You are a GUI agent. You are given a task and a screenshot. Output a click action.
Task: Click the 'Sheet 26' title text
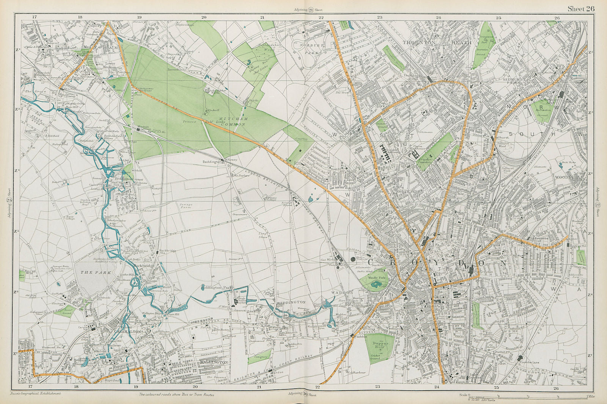pos(581,9)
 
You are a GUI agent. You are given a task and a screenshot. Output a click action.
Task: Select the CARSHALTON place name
pos(127,331)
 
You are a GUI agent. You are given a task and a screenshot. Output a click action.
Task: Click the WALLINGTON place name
pos(213,362)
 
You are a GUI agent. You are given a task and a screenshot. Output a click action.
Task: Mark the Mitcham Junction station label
pos(143,127)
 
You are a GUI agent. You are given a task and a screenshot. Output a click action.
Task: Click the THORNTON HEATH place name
pos(437,43)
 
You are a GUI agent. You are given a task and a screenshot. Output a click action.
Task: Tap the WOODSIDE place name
pos(567,177)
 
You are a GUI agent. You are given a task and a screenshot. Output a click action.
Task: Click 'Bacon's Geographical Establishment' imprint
pos(36,393)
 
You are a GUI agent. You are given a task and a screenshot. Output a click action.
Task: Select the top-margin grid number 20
pos(204,17)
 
